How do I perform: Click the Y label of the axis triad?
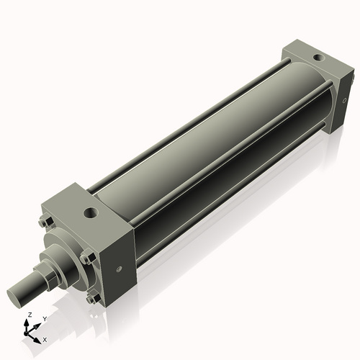44,318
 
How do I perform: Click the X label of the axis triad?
45,338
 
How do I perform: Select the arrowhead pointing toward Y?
38,323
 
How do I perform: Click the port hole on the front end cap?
90,213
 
